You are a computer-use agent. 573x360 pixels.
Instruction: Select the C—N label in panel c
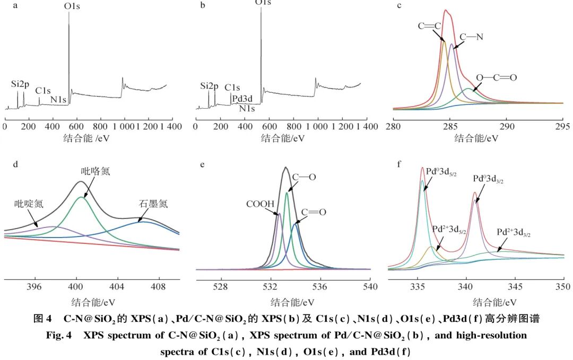pyautogui.click(x=471, y=37)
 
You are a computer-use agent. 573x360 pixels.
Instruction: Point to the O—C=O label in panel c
pyautogui.click(x=496, y=77)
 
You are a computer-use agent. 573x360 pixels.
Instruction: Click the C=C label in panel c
pyautogui.click(x=429, y=26)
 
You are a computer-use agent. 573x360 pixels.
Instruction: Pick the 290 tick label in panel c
pyautogui.click(x=506, y=126)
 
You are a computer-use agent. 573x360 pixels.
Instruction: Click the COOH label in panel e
pyautogui.click(x=260, y=204)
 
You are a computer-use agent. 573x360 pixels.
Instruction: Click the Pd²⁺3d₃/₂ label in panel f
pyautogui.click(x=514, y=232)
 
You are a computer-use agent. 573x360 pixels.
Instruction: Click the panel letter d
pyautogui.click(x=15, y=164)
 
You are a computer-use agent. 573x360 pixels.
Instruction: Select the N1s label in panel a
pyautogui.click(x=59, y=99)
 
